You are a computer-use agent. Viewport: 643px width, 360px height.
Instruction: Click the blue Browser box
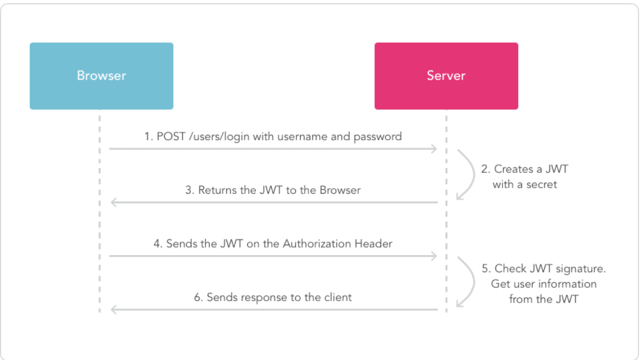101,76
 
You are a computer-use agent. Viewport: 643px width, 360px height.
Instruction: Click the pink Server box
446,76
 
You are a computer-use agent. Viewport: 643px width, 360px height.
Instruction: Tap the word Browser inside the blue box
101,76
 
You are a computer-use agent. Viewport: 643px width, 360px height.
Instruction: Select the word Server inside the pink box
446,76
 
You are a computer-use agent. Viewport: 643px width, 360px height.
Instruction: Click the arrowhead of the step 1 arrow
434,149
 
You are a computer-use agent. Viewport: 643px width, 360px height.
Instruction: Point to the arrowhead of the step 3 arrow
114,202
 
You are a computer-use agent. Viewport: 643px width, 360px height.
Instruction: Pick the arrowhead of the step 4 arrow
434,256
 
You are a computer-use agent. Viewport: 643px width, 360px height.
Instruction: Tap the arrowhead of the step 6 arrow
114,310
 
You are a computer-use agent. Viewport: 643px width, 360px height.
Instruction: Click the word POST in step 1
171,137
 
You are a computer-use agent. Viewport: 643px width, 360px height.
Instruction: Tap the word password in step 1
378,137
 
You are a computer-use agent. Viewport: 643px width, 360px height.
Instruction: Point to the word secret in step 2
541,185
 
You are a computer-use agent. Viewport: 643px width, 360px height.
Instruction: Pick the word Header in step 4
373,244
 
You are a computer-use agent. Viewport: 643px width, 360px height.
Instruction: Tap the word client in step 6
338,298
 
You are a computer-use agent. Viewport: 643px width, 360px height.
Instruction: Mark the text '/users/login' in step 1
219,137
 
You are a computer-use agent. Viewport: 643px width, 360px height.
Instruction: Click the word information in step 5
567,284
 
